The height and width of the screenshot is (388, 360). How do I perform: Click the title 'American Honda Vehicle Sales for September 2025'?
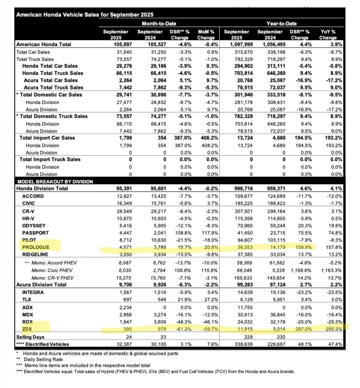click(x=85, y=15)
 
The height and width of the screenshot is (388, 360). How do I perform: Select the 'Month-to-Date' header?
click(x=159, y=24)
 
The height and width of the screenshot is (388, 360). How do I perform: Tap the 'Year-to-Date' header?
click(x=281, y=24)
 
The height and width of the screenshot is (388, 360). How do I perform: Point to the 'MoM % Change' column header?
click(x=206, y=35)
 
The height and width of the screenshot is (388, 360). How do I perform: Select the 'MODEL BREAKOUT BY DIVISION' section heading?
click(x=55, y=181)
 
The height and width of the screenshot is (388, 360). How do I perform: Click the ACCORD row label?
click(x=33, y=196)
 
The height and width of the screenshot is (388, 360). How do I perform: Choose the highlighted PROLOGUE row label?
click(x=36, y=247)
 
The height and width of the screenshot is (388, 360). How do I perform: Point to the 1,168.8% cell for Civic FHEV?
click(x=300, y=271)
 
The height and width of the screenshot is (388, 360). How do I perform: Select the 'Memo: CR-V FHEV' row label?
click(x=53, y=278)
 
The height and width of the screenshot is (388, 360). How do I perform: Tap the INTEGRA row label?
click(x=33, y=292)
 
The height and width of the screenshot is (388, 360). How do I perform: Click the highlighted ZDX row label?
click(x=27, y=329)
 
